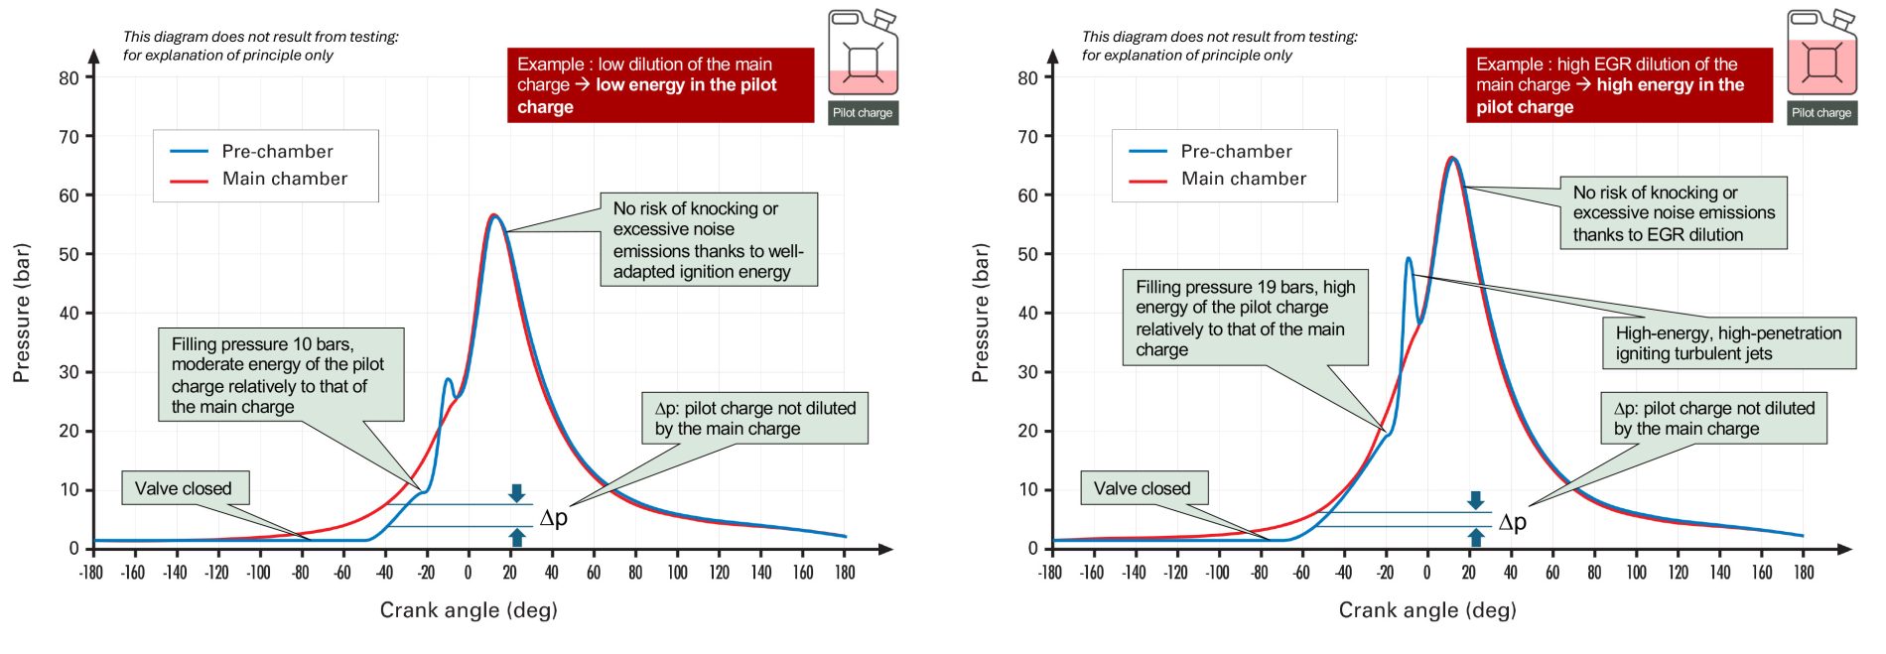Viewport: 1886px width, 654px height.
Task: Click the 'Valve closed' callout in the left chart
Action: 184,488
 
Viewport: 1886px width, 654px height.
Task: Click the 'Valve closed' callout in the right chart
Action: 1143,488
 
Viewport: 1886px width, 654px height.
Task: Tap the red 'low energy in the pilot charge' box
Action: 660,85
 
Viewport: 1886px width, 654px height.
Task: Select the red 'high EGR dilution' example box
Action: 1619,85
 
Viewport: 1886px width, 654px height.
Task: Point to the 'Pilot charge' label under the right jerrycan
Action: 1821,113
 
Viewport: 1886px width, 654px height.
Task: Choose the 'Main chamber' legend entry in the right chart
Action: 1243,179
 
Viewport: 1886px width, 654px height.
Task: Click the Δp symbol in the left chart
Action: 554,517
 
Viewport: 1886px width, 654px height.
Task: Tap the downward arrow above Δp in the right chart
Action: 1476,499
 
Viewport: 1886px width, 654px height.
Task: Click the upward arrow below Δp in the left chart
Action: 516,538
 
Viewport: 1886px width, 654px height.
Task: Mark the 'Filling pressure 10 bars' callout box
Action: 281,375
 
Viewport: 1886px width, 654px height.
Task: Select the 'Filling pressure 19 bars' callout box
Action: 1245,318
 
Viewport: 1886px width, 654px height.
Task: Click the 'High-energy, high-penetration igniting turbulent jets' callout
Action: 1728,343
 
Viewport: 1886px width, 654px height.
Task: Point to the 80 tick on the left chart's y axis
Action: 68,77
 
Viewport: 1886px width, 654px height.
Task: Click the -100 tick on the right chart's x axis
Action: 1217,573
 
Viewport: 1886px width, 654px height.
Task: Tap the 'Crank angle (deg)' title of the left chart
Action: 469,610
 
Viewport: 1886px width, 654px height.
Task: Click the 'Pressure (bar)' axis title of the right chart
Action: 981,313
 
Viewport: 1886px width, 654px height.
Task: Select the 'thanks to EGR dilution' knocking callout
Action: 1674,213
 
